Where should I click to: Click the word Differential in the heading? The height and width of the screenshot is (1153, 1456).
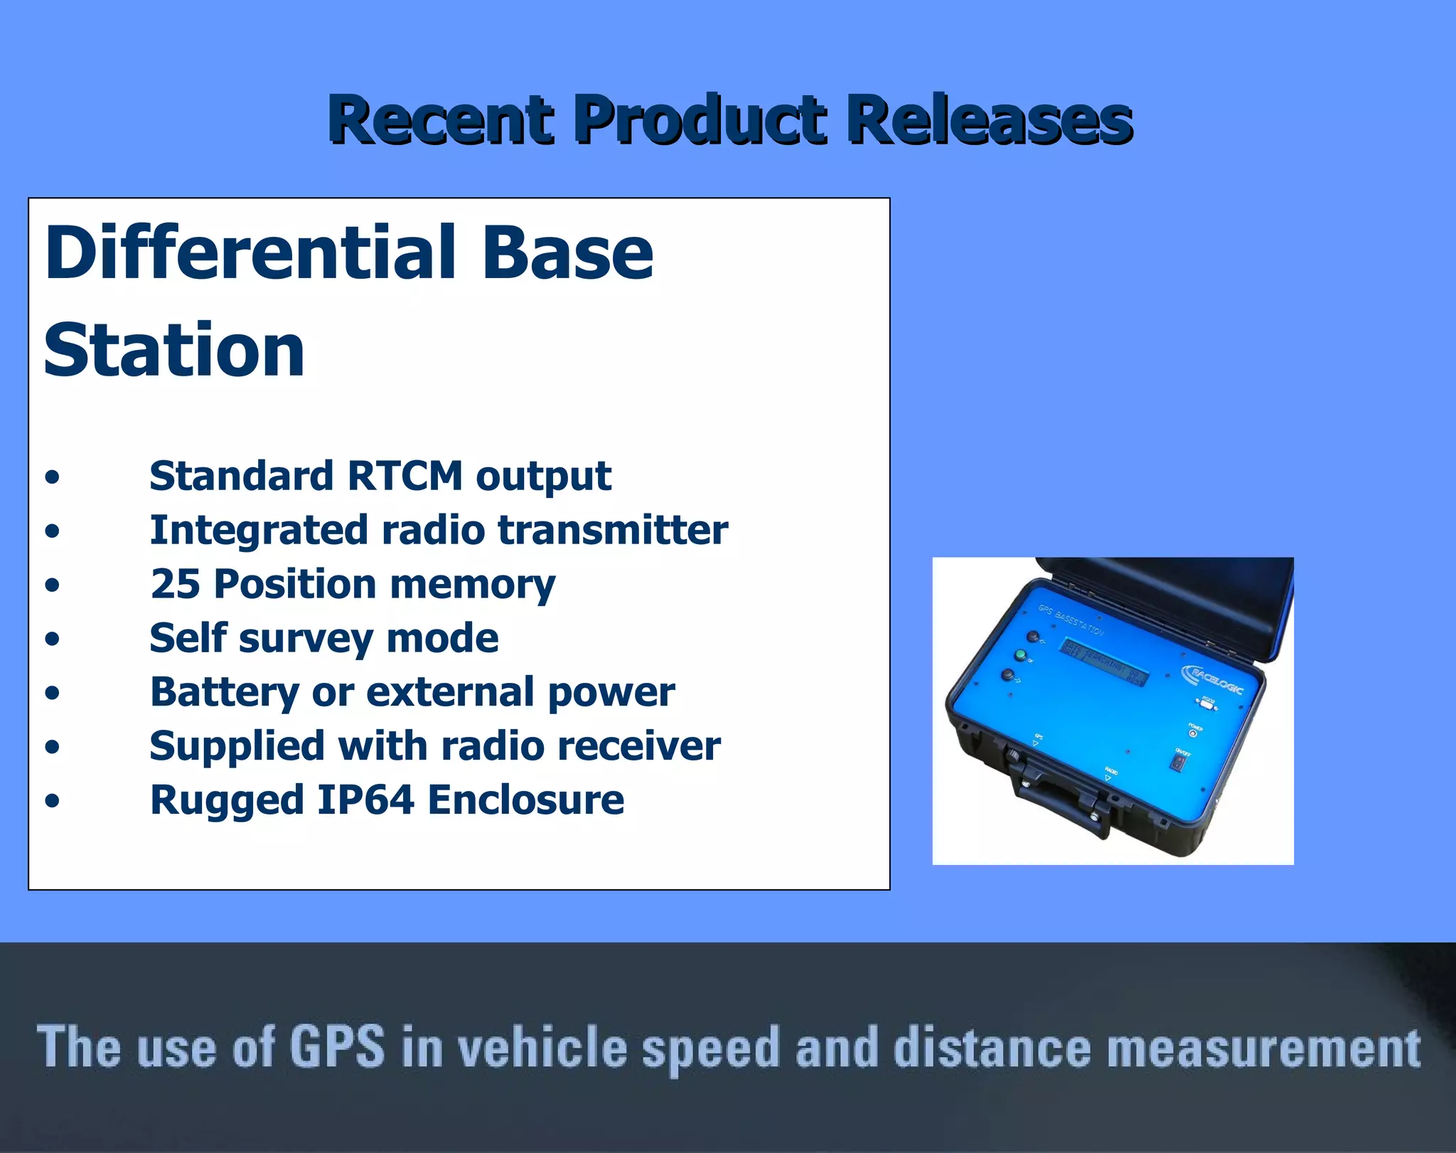tap(249, 253)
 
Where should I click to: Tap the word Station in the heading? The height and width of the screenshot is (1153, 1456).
tap(174, 351)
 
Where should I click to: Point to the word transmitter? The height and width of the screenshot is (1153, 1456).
tap(612, 530)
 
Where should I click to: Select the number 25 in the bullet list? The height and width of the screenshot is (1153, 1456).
tap(175, 584)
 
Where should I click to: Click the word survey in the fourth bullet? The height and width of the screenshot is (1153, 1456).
tap(306, 638)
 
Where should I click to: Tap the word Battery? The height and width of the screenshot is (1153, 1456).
tap(225, 692)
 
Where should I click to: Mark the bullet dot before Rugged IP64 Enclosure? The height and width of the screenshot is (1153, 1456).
tap(52, 801)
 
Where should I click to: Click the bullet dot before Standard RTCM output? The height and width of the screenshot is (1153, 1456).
tap(52, 477)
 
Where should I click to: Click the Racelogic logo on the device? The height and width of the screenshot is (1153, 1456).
tap(1213, 679)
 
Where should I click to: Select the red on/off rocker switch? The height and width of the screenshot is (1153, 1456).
tap(1177, 763)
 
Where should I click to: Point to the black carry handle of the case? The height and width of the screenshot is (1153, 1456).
tap(1059, 793)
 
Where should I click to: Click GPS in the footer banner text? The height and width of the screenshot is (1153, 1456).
tap(337, 1046)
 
